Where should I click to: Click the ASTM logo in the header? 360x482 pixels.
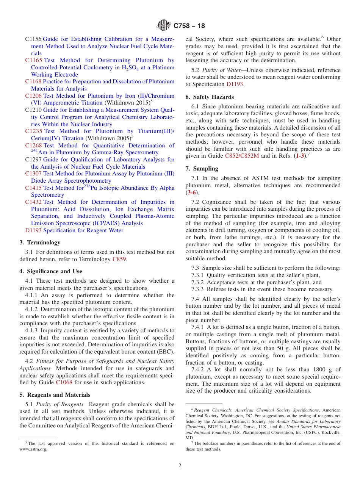(x=164, y=26)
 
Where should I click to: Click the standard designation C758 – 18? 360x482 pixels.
(x=189, y=26)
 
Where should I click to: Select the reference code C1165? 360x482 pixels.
(x=34, y=60)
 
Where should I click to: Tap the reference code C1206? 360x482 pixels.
(x=34, y=96)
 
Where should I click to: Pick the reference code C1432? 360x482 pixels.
(x=34, y=202)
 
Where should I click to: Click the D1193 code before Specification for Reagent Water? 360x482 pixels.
(x=33, y=230)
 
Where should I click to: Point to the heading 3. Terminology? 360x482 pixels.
(x=40, y=243)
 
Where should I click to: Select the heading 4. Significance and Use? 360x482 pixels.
(x=51, y=271)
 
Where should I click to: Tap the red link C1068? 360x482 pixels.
(x=64, y=382)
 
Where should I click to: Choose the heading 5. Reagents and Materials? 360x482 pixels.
(x=55, y=395)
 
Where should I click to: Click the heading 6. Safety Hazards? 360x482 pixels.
(x=210, y=97)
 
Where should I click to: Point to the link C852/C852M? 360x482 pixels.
(x=243, y=156)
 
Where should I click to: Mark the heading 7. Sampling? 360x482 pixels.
(x=202, y=169)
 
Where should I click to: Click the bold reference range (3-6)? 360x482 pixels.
(x=191, y=192)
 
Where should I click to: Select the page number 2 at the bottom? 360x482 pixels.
(x=180, y=466)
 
